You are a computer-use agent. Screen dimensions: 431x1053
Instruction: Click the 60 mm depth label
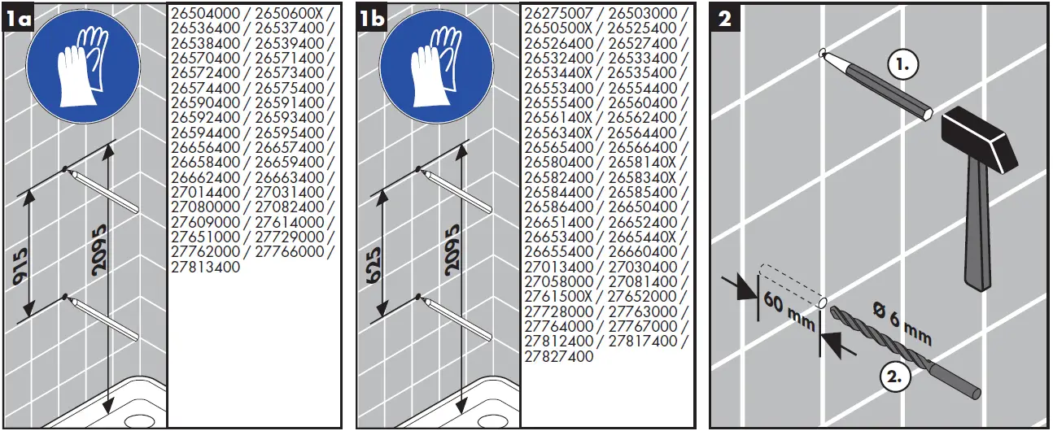[x=789, y=313]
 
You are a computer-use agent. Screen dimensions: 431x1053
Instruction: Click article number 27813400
[x=206, y=267]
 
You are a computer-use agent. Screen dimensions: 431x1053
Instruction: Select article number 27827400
[x=559, y=356]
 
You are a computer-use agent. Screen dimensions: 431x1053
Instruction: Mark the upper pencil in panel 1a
[x=104, y=190]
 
